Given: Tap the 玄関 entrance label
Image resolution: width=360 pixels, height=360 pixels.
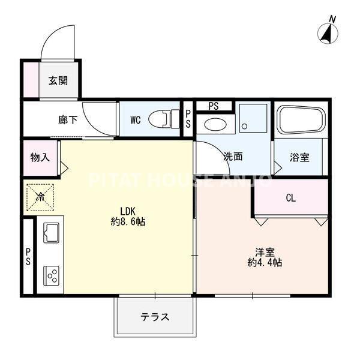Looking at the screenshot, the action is pyautogui.click(x=58, y=81).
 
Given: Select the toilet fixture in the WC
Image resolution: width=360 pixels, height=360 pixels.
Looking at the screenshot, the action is pyautogui.click(x=164, y=119).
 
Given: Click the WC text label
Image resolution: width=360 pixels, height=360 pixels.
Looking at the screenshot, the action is pyautogui.click(x=136, y=120).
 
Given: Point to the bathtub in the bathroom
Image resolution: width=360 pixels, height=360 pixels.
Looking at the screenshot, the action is pyautogui.click(x=301, y=119).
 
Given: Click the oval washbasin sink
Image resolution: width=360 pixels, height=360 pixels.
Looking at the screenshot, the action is pyautogui.click(x=215, y=124).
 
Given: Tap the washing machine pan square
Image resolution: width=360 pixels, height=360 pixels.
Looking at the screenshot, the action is pyautogui.click(x=253, y=118).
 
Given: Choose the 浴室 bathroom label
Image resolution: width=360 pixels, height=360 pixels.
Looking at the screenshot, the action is pyautogui.click(x=299, y=157).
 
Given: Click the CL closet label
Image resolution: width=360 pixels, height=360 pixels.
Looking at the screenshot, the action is pyautogui.click(x=290, y=197).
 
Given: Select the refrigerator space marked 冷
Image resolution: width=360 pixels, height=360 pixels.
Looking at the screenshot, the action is pyautogui.click(x=40, y=197).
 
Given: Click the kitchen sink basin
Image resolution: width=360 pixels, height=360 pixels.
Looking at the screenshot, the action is pyautogui.click(x=51, y=233).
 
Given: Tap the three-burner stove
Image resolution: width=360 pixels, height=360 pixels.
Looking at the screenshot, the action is pyautogui.click(x=51, y=276).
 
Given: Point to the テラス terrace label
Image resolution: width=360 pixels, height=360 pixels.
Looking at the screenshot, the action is pyautogui.click(x=155, y=317).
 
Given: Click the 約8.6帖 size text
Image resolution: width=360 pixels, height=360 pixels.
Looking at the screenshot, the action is pyautogui.click(x=128, y=222).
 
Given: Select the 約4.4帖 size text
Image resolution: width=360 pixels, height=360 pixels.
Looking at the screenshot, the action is pyautogui.click(x=265, y=263).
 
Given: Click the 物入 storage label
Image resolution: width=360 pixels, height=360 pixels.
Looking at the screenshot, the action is pyautogui.click(x=40, y=157).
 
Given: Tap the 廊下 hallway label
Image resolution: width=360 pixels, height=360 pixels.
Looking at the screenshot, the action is pyautogui.click(x=68, y=120).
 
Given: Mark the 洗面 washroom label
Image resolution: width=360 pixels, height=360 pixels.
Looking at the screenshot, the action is pyautogui.click(x=233, y=157).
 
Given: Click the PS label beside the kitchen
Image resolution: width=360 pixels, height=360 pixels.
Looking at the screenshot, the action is pyautogui.click(x=28, y=256).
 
